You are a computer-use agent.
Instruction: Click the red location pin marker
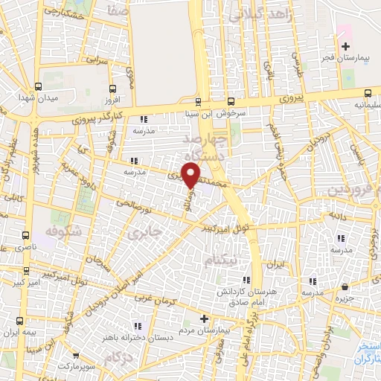192,175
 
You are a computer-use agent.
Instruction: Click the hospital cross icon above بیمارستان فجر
344,46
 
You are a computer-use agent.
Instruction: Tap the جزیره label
345,298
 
